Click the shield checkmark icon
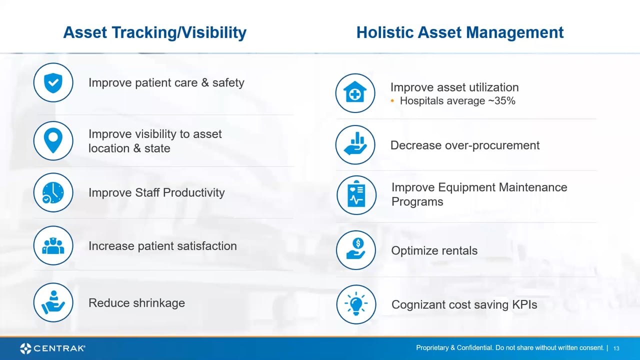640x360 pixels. click(53, 82)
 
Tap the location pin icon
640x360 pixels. click(53, 140)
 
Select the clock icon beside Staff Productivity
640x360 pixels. click(53, 192)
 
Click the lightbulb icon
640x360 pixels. click(355, 304)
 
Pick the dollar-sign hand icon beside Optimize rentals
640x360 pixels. click(355, 250)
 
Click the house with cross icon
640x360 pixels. click(355, 93)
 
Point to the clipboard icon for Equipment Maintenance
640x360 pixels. click(356, 195)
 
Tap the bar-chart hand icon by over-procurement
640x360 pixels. click(355, 145)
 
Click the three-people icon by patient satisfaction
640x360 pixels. click(53, 245)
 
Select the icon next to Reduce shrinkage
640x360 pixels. click(53, 302)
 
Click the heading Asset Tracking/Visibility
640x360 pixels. click(154, 32)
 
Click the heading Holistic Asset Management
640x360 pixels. click(459, 32)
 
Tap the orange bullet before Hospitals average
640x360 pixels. click(393, 101)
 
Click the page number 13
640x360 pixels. click(616, 348)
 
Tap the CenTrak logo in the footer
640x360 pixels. click(52, 348)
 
